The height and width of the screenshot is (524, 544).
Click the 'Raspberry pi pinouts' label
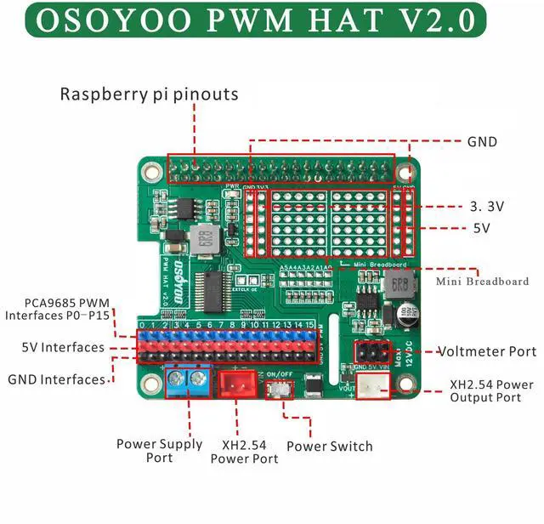pos(149,94)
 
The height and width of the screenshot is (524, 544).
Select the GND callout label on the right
pos(482,142)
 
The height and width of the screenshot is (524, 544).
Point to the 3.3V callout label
pos(486,206)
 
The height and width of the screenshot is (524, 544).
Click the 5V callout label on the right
pos(482,228)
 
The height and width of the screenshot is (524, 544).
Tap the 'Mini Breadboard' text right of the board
pos(482,281)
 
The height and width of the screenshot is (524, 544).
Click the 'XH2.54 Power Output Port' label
pos(492,390)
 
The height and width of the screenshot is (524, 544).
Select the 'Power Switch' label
pos(330,446)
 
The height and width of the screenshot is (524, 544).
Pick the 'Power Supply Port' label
pos(160,450)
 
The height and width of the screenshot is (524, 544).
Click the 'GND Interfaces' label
pos(56,379)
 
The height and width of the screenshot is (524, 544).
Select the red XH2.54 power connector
pos(237,386)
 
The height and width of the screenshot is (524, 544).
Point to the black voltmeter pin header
pos(371,351)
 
